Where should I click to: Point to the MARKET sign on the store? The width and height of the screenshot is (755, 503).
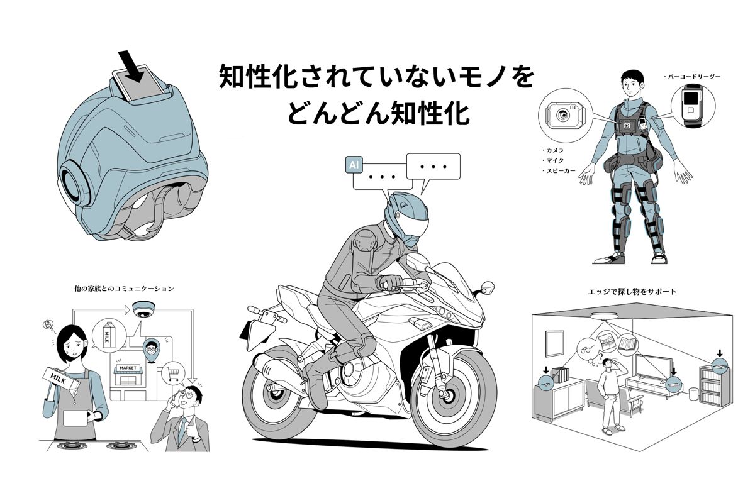pos(124,368)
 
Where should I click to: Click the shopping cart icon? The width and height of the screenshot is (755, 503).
pos(174,375)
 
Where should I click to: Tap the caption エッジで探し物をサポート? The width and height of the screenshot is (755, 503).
pos(634,292)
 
